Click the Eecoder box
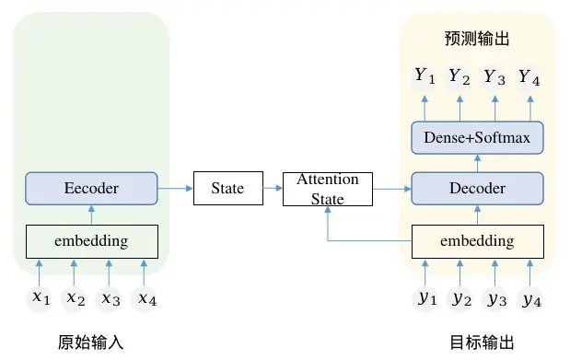(x=91, y=189)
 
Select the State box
(x=227, y=189)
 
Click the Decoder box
(x=476, y=189)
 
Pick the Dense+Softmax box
(x=477, y=138)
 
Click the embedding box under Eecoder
(x=91, y=241)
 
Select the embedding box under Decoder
(x=476, y=241)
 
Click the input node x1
(x=39, y=297)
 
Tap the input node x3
(x=110, y=297)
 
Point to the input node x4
(x=145, y=297)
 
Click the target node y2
(x=460, y=297)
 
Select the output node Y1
(x=425, y=76)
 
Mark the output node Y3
(x=494, y=76)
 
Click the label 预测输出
(x=477, y=40)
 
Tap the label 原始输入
(x=91, y=343)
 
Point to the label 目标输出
(x=477, y=343)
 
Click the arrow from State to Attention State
(x=273, y=189)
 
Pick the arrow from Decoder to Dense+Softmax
(x=477, y=163)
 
